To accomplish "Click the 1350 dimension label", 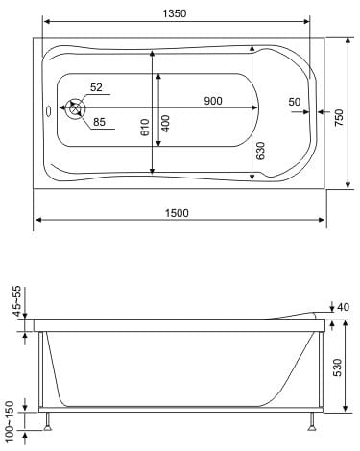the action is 175,13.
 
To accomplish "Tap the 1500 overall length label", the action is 177,213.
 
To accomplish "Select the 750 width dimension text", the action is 339,117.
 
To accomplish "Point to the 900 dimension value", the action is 213,101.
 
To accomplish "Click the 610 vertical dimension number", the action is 145,128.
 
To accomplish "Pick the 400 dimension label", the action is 165,124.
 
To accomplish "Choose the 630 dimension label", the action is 261,151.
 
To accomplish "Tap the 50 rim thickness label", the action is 295,102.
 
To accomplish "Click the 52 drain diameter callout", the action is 96,87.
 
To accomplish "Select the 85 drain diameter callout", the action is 99,122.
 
